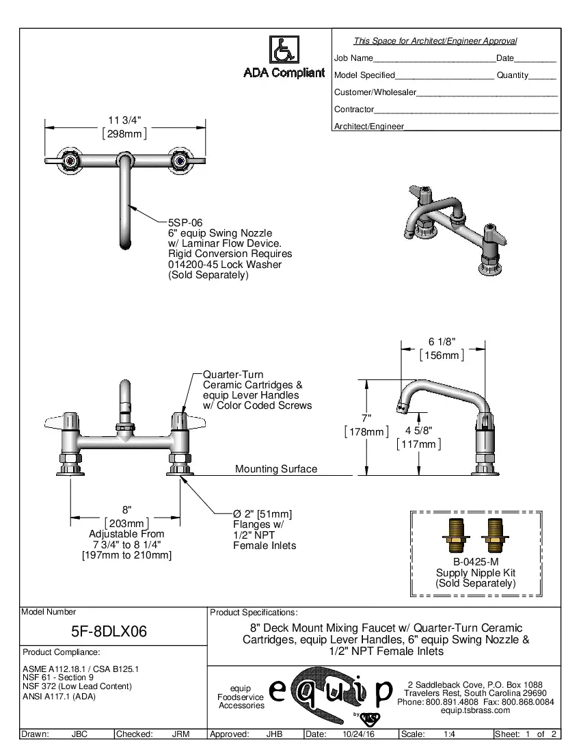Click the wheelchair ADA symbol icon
(x=284, y=49)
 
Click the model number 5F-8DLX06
(x=109, y=631)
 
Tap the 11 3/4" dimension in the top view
(x=125, y=120)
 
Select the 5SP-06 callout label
(x=185, y=223)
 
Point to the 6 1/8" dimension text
(x=442, y=342)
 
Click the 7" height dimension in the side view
(x=366, y=418)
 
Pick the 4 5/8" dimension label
(x=418, y=431)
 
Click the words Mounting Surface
(x=276, y=469)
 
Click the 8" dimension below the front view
(x=126, y=510)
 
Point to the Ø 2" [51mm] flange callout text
(x=262, y=514)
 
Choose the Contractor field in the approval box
(x=354, y=109)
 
